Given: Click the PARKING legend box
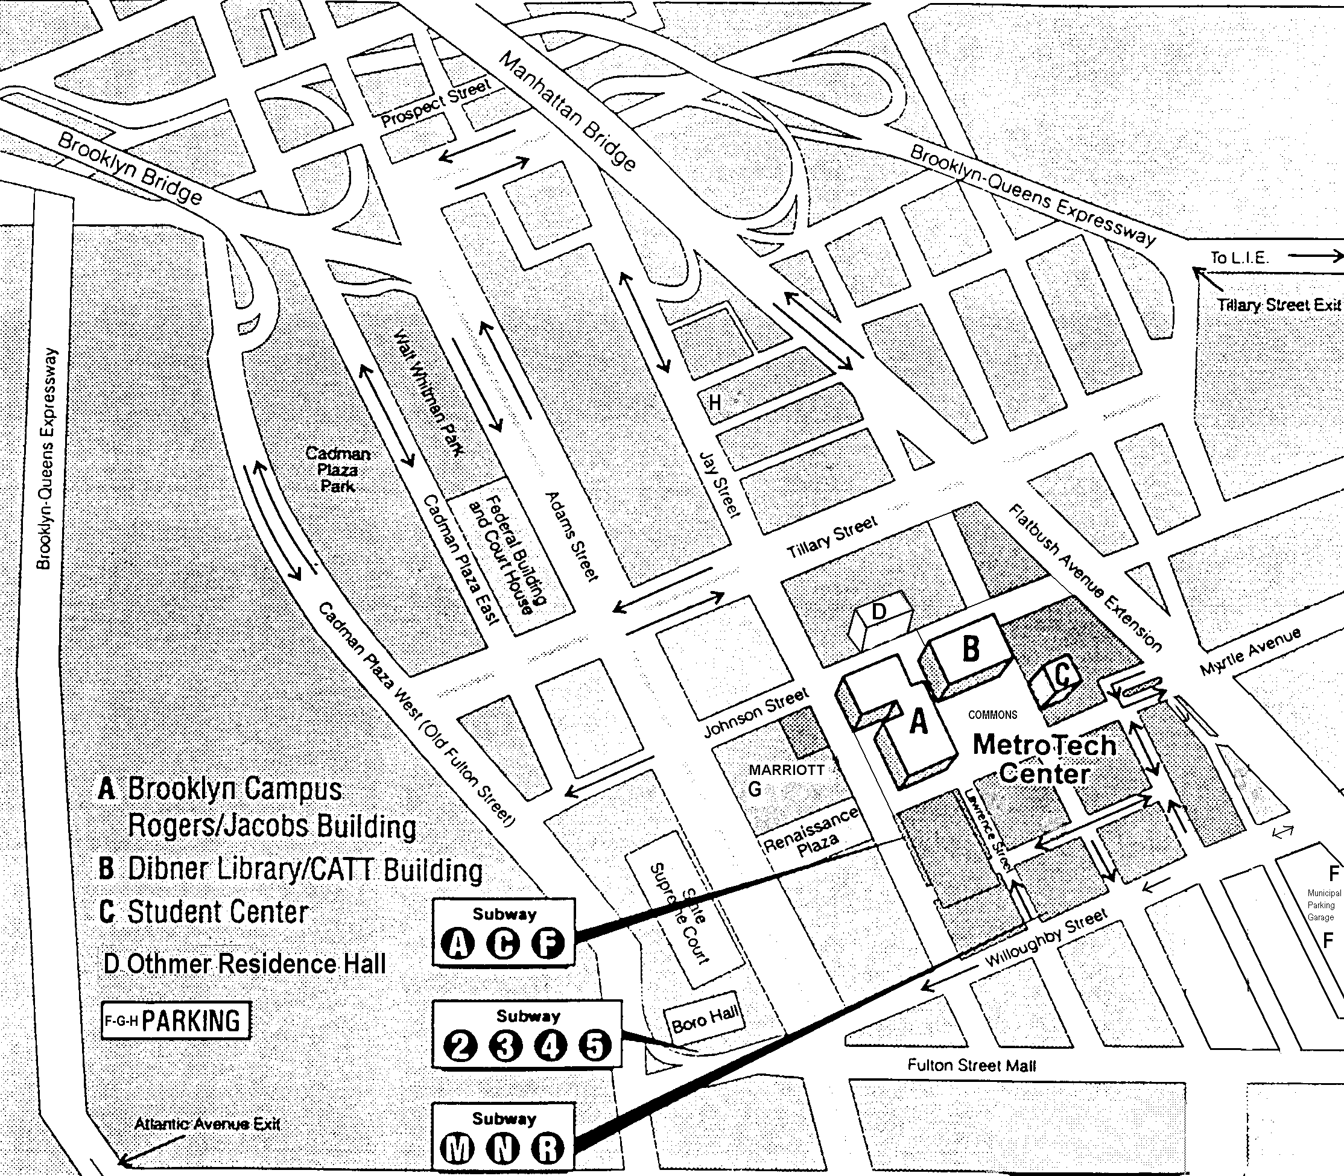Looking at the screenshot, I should [x=176, y=1020].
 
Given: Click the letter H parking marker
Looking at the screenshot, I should [x=715, y=402].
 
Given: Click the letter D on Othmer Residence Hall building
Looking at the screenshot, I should [x=878, y=612].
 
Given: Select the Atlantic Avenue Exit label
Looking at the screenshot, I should [x=207, y=1124].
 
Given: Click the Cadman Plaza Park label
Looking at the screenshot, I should [x=338, y=470].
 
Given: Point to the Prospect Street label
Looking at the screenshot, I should [x=435, y=103].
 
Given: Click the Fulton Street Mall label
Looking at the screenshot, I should [x=971, y=1066].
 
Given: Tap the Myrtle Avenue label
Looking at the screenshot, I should [x=1250, y=652].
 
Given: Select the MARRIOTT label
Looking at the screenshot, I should [x=786, y=770].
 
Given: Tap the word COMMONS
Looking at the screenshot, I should [x=992, y=715].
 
